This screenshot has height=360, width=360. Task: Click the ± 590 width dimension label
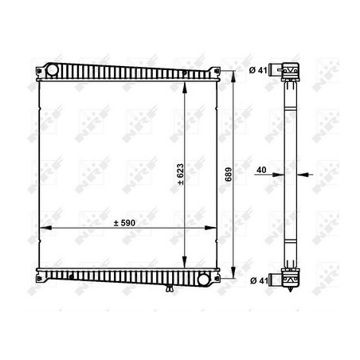click(x=124, y=223)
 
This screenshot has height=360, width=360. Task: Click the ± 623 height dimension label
click(x=181, y=174)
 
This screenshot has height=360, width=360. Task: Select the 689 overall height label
click(x=229, y=174)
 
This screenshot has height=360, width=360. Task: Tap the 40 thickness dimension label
click(x=261, y=170)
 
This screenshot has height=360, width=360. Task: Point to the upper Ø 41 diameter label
click(x=258, y=70)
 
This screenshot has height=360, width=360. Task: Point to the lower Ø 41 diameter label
click(x=259, y=280)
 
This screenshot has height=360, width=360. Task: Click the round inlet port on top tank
click(x=52, y=70)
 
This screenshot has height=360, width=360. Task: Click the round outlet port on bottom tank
click(x=204, y=280)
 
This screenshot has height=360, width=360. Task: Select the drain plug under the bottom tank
click(x=170, y=288)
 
